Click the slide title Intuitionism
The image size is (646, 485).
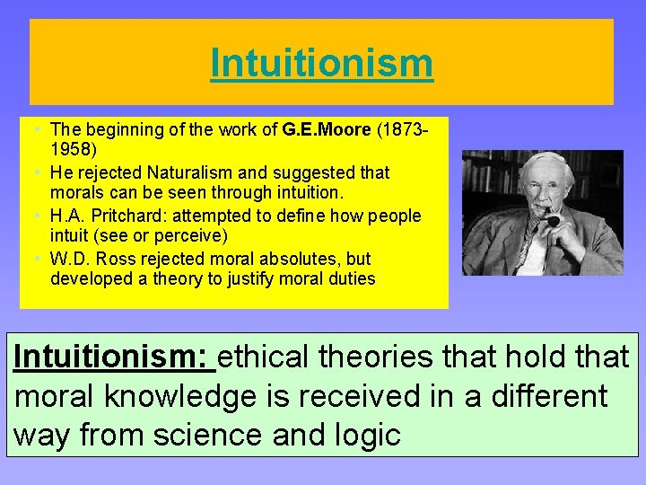pos(321,64)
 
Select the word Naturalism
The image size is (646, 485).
pos(186,172)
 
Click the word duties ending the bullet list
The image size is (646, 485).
pos(352,279)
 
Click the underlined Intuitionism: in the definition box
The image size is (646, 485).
pos(115,357)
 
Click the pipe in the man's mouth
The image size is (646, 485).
pos(553,218)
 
